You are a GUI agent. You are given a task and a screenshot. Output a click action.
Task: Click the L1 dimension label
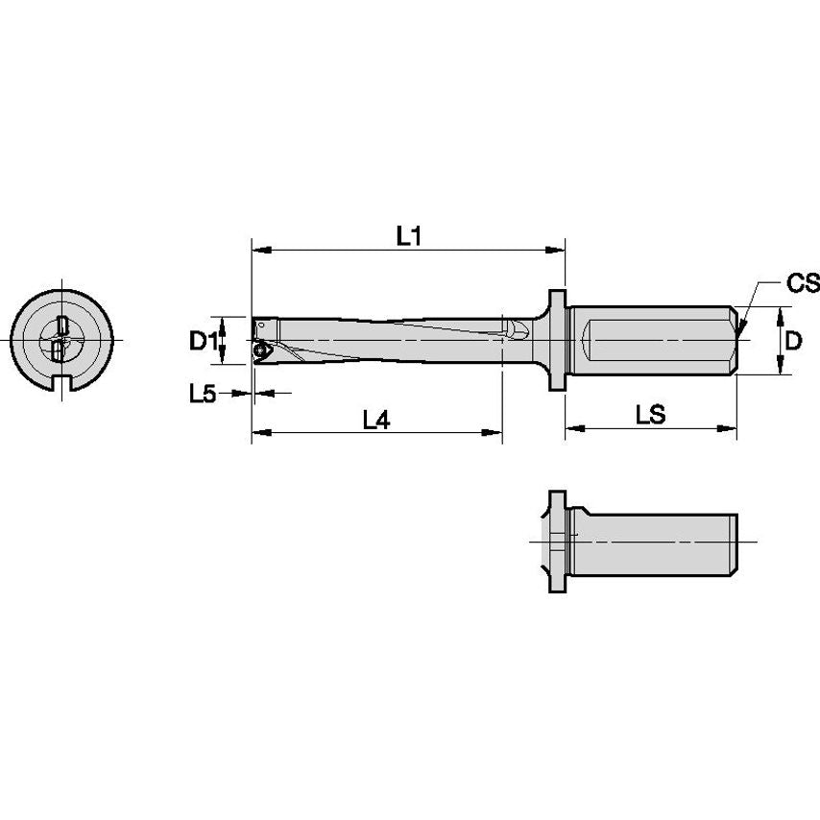(x=410, y=235)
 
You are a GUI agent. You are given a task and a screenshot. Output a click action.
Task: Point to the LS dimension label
(x=651, y=414)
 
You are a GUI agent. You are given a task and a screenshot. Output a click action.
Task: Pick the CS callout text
(x=803, y=282)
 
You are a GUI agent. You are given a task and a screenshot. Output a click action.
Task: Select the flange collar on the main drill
(x=556, y=341)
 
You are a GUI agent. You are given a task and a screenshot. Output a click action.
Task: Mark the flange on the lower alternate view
(x=555, y=543)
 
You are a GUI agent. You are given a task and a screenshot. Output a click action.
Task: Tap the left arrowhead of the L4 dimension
(x=257, y=433)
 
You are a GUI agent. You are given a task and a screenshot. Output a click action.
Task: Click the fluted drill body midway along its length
(x=384, y=341)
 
